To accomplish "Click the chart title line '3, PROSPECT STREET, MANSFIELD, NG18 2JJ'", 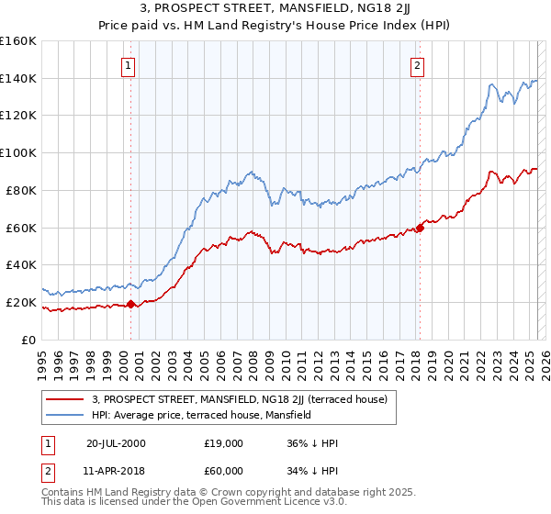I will [275, 10].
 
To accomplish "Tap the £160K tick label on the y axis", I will [18, 41].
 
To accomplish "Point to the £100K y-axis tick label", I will [18, 153].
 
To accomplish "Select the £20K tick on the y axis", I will [22, 302].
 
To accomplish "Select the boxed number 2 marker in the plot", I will [417, 66].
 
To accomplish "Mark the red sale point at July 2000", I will [131, 304].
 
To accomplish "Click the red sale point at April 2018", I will [420, 228].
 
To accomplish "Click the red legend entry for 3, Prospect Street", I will [240, 399].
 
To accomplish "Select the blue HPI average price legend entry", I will [201, 415].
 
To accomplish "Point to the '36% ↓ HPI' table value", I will [312, 443].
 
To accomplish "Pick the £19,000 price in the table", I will [223, 443].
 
